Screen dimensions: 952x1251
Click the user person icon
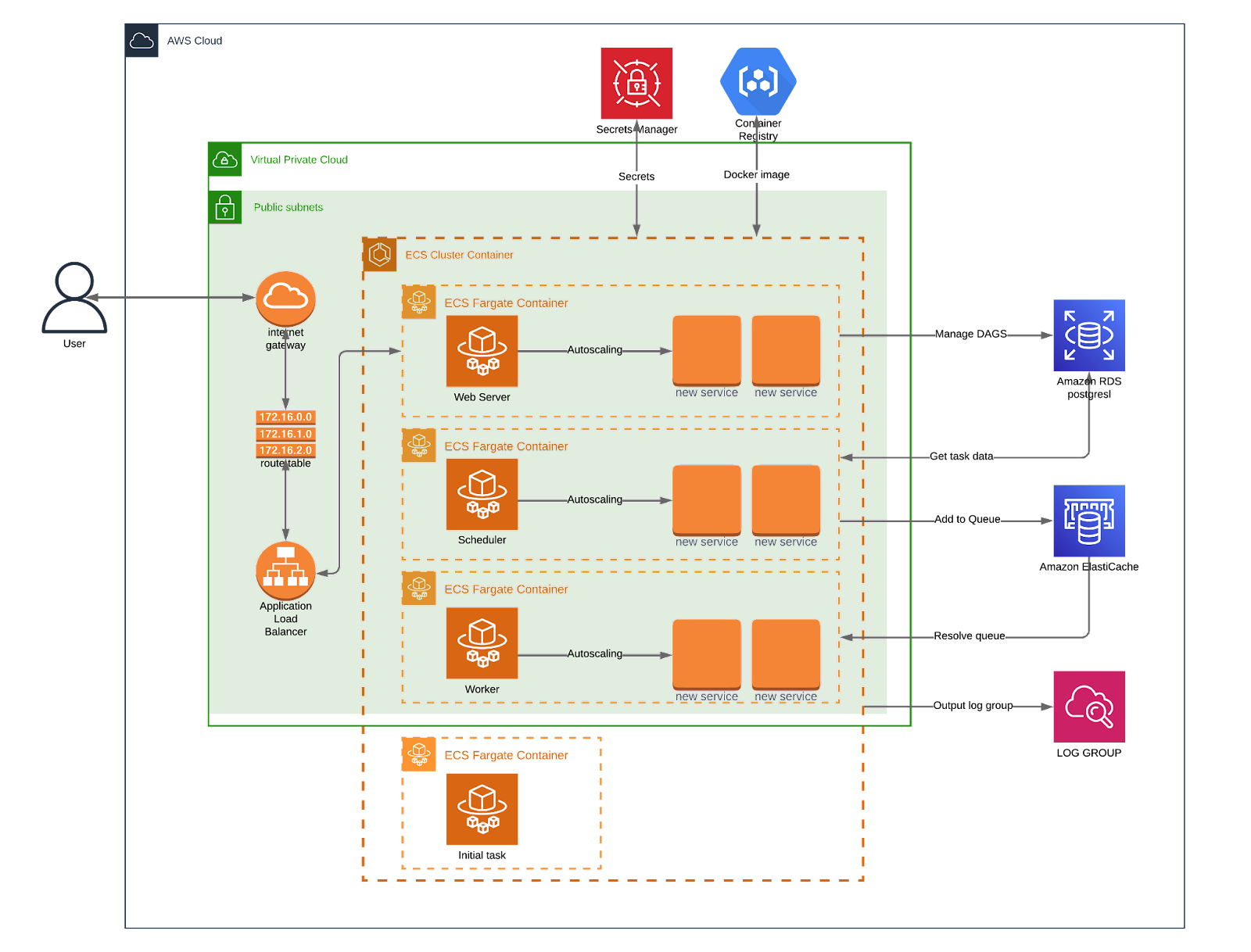point(74,298)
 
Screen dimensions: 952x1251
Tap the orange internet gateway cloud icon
point(285,298)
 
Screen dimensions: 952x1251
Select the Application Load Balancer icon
point(285,571)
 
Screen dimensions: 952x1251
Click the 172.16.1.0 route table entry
point(285,434)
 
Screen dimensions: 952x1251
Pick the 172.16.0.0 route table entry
point(285,417)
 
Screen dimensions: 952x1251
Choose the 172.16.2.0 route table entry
point(285,450)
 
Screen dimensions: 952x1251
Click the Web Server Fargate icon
point(482,351)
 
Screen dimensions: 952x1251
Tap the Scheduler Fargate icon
point(482,494)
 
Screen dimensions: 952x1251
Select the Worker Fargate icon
point(482,643)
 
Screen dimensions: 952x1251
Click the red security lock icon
point(636,84)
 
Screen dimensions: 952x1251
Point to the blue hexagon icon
point(758,81)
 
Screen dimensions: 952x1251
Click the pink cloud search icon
point(1088,707)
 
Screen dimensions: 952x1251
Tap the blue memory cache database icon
point(1088,521)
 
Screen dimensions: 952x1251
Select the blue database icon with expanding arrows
point(1088,335)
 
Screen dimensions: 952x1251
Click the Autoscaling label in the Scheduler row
point(594,499)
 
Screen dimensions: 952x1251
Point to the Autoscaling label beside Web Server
point(594,349)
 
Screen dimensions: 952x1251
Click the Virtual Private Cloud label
point(299,159)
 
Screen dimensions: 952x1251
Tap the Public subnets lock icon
point(225,208)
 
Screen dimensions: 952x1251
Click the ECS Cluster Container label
point(459,255)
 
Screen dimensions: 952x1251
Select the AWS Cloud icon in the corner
point(142,41)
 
